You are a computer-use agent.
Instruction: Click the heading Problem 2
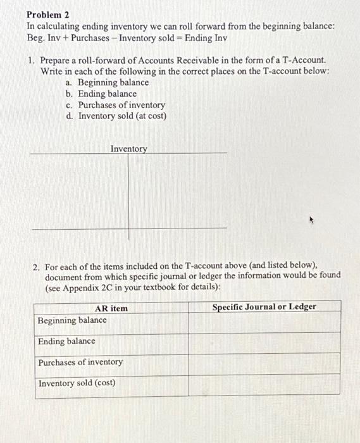coord(47,14)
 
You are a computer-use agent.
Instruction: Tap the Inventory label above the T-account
coord(128,149)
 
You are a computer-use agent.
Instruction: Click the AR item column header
coord(111,308)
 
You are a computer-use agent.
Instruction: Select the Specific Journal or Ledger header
coord(264,307)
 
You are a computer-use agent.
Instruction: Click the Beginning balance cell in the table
coord(72,320)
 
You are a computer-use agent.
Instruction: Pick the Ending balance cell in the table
coord(66,341)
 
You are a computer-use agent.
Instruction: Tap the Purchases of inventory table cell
coord(80,363)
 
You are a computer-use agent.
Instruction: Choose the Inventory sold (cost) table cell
coord(77,384)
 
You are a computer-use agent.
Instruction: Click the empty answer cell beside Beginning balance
coord(264,323)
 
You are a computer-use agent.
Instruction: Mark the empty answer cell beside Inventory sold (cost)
coord(264,385)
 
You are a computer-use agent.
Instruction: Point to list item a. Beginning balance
coord(108,82)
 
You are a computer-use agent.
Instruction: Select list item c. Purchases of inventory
coord(116,105)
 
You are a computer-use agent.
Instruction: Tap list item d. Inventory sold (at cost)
coord(116,116)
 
